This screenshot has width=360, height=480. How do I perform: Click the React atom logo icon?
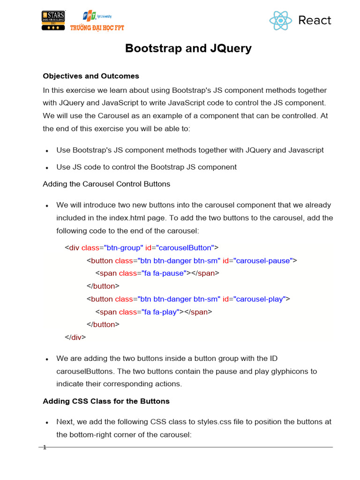281,21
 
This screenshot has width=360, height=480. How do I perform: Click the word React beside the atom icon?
315,20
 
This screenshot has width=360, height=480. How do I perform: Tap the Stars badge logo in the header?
53,21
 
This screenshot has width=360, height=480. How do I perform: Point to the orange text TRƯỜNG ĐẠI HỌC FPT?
97,28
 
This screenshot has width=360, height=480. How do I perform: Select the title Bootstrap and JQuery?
188,48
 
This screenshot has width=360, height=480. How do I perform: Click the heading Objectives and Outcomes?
91,76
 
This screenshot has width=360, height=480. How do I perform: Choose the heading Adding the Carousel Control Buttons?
106,184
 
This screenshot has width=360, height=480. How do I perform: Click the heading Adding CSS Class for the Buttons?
106,401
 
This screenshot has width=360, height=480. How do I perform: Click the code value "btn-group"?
123,247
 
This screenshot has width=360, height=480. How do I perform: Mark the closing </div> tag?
75,337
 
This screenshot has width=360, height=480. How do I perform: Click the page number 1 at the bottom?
45,447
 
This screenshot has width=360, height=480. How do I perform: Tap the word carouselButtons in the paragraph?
85,371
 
